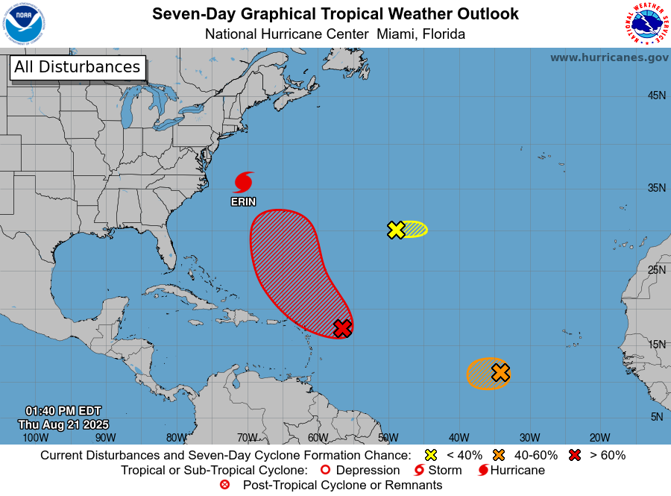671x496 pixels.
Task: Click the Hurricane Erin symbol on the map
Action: [243, 182]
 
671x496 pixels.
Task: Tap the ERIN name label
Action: [243, 201]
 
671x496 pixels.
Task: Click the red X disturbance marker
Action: [342, 327]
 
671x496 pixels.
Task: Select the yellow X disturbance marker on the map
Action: [397, 230]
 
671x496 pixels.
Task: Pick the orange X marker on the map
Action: [500, 372]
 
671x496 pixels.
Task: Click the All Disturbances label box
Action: [78, 67]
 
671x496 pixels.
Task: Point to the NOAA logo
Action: [23, 24]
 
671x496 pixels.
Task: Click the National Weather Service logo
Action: [645, 24]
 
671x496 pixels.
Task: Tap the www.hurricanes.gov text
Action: [609, 57]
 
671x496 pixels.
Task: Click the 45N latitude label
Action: [656, 95]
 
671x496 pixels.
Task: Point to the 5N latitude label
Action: [656, 417]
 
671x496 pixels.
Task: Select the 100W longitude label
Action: [31, 438]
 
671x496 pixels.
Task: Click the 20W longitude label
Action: [599, 438]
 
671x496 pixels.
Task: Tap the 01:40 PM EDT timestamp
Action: [63, 411]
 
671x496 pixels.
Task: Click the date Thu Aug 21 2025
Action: [63, 424]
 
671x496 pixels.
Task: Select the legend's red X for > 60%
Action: [575, 455]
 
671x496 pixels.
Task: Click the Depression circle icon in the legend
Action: [324, 471]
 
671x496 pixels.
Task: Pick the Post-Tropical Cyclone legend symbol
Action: [224, 485]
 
